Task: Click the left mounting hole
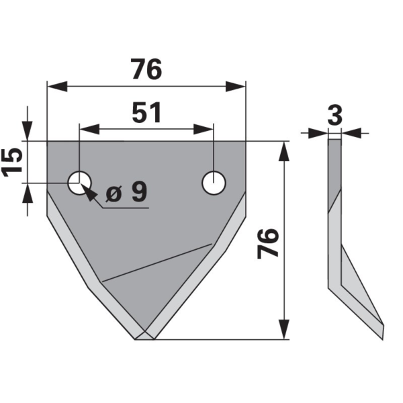click(x=79, y=183)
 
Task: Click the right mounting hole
click(x=214, y=183)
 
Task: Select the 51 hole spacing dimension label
click(x=146, y=113)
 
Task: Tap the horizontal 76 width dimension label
click(x=146, y=69)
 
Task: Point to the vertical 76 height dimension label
click(x=268, y=243)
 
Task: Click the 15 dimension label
click(x=12, y=162)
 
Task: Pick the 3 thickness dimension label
click(x=335, y=115)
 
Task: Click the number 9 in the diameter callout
click(x=139, y=191)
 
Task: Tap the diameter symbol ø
click(x=114, y=193)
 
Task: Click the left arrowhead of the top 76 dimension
click(x=57, y=87)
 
